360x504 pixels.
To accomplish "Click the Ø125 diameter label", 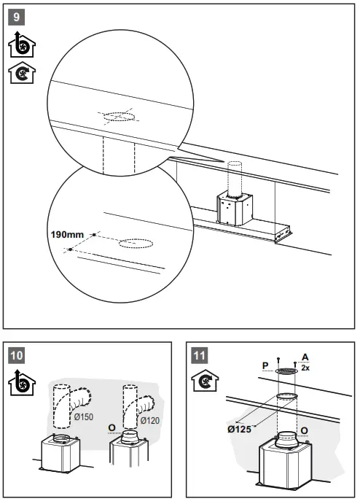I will pos(239,429).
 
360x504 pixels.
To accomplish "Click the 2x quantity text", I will pos(305,368).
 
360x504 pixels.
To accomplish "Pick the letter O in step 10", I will pos(111,426).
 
